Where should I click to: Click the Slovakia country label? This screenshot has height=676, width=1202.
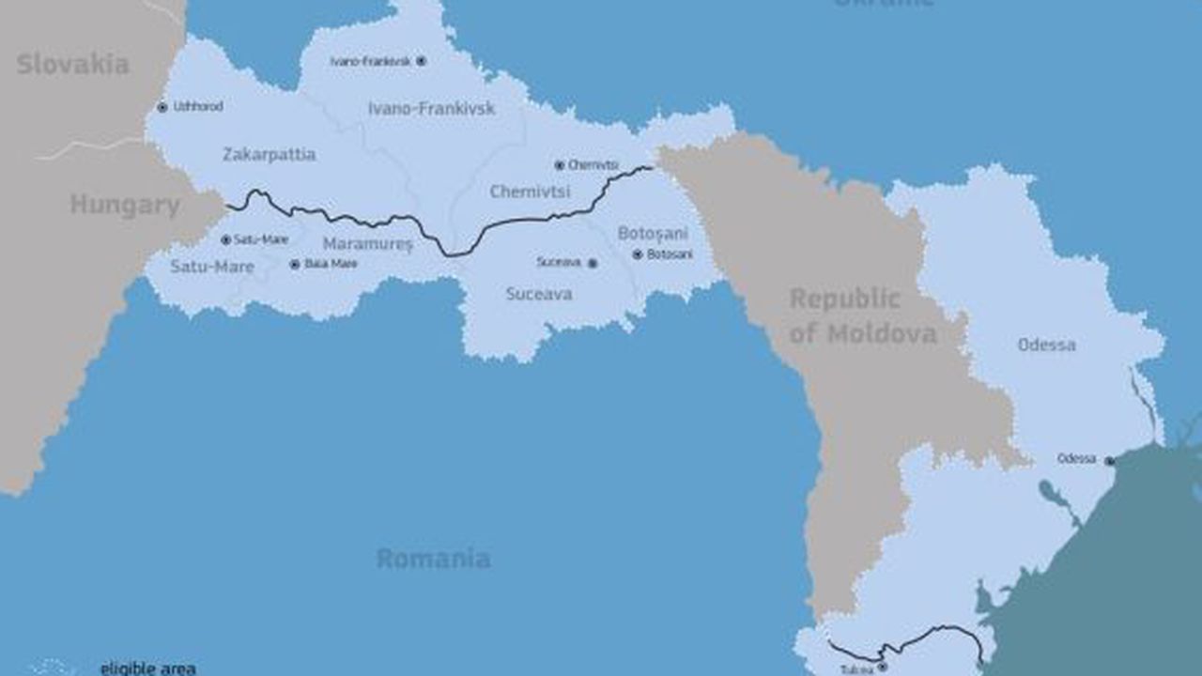pyautogui.click(x=72, y=65)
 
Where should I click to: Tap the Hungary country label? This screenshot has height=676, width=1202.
pyautogui.click(x=125, y=206)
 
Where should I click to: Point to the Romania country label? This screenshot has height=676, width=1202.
pyautogui.click(x=433, y=559)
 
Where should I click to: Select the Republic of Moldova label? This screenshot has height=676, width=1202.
pyautogui.click(x=862, y=316)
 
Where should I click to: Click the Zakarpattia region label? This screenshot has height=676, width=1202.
pyautogui.click(x=269, y=155)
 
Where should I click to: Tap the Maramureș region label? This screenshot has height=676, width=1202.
pyautogui.click(x=368, y=244)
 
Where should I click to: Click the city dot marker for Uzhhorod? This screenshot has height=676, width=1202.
pyautogui.click(x=162, y=107)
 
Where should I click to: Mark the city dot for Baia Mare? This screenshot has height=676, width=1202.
pyautogui.click(x=295, y=265)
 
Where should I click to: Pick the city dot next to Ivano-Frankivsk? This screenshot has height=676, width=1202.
pyautogui.click(x=421, y=61)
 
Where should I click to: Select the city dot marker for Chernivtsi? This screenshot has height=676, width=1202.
pyautogui.click(x=560, y=165)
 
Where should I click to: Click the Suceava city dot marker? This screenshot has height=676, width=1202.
pyautogui.click(x=593, y=264)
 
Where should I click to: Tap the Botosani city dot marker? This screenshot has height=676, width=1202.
pyautogui.click(x=638, y=254)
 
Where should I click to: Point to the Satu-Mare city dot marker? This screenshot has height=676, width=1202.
pyautogui.click(x=225, y=240)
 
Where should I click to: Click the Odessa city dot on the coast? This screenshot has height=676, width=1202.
pyautogui.click(x=1109, y=461)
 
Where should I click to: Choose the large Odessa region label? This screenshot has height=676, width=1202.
pyautogui.click(x=1046, y=345)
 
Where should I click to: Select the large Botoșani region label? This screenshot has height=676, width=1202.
pyautogui.click(x=653, y=233)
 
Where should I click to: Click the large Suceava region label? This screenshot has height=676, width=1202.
pyautogui.click(x=539, y=294)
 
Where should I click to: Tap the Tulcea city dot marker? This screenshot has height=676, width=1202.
pyautogui.click(x=882, y=667)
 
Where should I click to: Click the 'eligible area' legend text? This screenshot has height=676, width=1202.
pyautogui.click(x=147, y=668)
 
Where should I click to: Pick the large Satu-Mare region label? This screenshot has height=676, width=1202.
pyautogui.click(x=212, y=267)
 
